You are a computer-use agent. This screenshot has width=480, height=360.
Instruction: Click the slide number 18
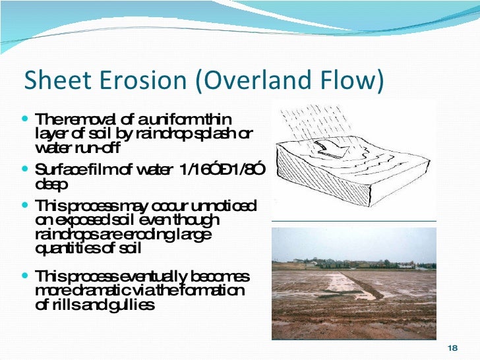click(x=452, y=348)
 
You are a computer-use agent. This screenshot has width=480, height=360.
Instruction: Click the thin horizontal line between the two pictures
click(x=354, y=221)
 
